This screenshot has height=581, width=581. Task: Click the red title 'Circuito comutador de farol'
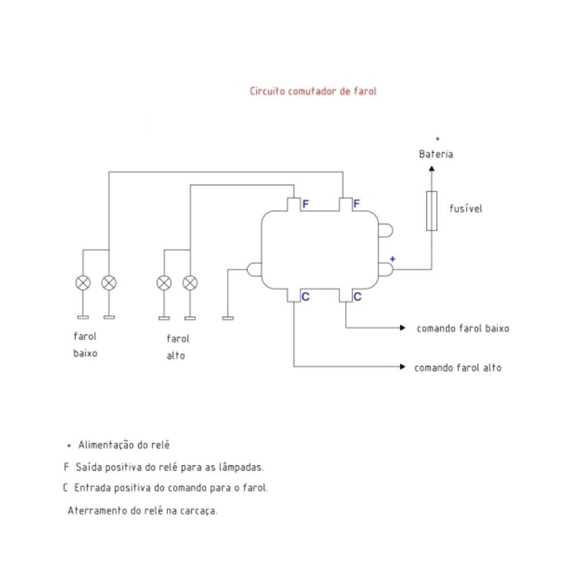pos(313,91)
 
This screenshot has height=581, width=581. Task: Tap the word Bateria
pos(436,155)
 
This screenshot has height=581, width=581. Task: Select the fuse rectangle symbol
pos(431,211)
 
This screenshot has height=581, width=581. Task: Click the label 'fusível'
pos(465,209)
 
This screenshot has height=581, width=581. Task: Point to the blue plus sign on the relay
pos(393,259)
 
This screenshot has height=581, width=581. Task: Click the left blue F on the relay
pos(306,204)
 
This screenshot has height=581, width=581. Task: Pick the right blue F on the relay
pos(357,204)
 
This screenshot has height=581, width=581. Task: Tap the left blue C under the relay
pos(306,297)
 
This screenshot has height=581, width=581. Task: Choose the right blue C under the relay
pos(357,297)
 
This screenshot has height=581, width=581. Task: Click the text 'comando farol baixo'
pos(462,328)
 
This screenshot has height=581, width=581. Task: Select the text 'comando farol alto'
pos(457,368)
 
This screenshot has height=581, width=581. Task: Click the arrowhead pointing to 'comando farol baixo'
pos(403,328)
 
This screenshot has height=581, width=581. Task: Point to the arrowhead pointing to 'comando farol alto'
pos(403,367)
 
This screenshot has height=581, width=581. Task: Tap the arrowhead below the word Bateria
pos(431,168)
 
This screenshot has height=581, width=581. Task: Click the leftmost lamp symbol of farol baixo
pos(83,283)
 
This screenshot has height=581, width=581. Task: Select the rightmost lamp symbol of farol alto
pos(190,283)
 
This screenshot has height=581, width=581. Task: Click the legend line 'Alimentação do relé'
pos(123,445)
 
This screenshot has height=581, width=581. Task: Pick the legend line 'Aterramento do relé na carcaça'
pos(142,511)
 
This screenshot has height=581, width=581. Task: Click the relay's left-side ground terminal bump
pos(254,270)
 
